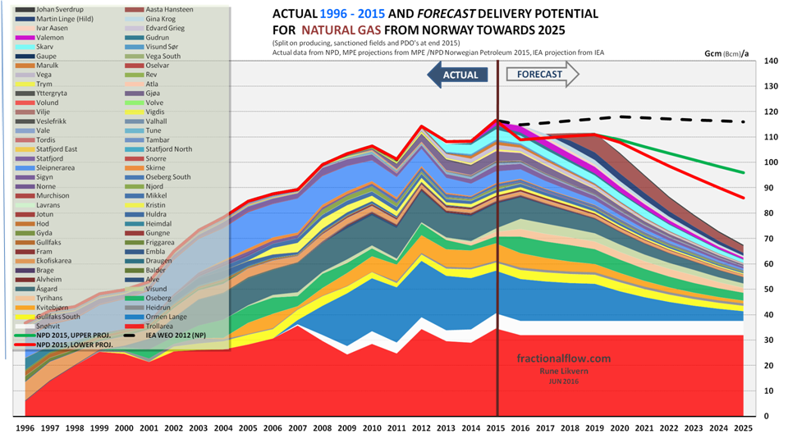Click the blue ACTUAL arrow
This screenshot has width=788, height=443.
(x=459, y=75)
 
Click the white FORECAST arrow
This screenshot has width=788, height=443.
(x=542, y=75)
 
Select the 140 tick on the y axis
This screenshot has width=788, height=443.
(x=770, y=62)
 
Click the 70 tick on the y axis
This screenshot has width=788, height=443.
(x=770, y=239)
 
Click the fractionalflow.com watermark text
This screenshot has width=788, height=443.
(x=551, y=359)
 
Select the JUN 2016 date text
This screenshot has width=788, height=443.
(x=551, y=381)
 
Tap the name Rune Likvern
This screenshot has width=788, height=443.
(x=551, y=372)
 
